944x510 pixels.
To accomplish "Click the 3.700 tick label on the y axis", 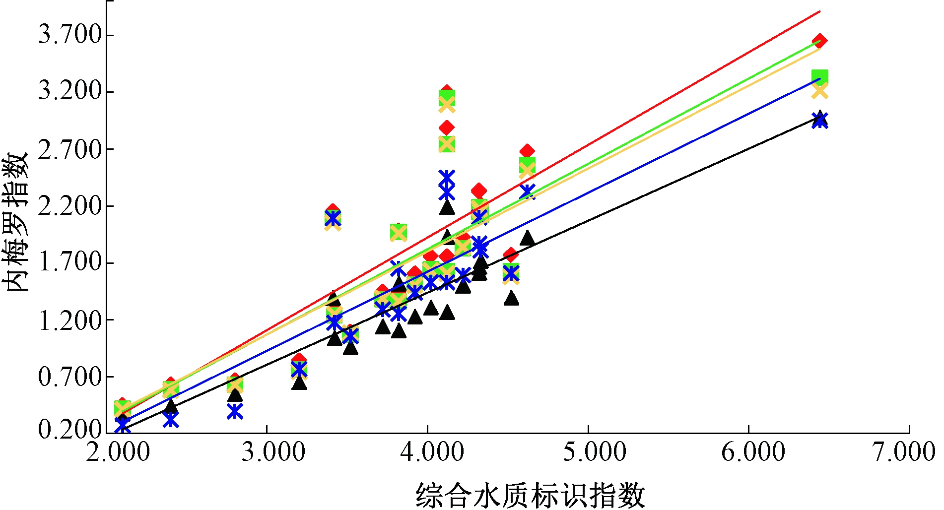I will click(x=70, y=35).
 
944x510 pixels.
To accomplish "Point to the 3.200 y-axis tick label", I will click(x=70, y=92).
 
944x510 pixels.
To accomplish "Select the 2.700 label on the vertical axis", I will click(x=70, y=149).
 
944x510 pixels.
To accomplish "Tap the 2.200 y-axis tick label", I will click(x=70, y=206).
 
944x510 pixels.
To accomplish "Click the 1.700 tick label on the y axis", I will click(x=70, y=263).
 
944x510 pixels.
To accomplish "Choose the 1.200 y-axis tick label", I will click(x=70, y=320).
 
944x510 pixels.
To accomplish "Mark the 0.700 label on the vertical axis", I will click(x=70, y=377).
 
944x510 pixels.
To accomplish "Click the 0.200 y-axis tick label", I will click(x=70, y=430).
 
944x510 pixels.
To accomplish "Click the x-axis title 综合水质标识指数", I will click(x=530, y=495).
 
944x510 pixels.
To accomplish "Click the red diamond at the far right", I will click(x=819, y=41).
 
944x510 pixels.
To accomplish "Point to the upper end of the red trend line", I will click(x=819, y=11).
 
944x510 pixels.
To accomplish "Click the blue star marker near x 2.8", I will click(x=235, y=411).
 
